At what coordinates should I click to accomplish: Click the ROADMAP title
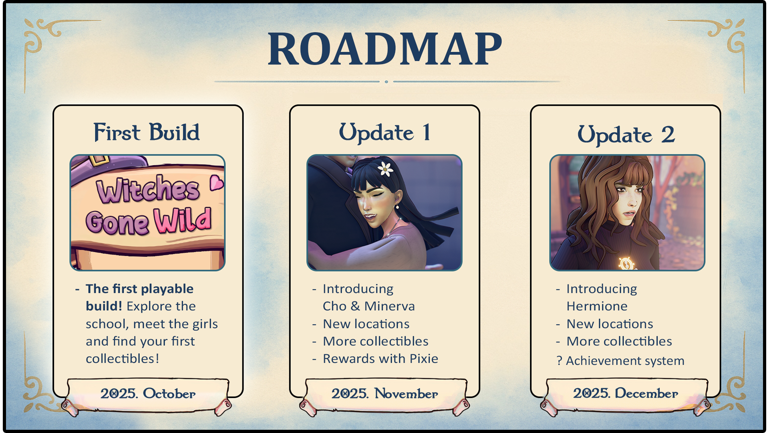coord(384,49)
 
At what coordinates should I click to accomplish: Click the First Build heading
coord(147,132)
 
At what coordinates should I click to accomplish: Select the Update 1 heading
coord(384,132)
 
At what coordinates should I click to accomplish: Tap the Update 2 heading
coord(626,134)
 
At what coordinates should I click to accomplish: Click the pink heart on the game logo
coord(216,183)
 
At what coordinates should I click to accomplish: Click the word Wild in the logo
coord(183,221)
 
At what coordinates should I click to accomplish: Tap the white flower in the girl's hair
coord(386,169)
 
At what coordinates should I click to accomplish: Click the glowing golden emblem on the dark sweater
coord(626,263)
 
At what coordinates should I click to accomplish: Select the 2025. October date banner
coord(148,394)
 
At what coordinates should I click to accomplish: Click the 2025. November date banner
coord(384,394)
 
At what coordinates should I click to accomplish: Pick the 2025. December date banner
coord(625,394)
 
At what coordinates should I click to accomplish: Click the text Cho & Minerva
coord(368,306)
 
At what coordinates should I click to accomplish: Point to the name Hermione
coord(597,306)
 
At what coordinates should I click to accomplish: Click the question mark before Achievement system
coord(560,361)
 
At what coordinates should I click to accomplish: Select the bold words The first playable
coord(139,289)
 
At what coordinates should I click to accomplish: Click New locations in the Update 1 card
coord(366,324)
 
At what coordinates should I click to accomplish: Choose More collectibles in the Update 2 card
coord(619,341)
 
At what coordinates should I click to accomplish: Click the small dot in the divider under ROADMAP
coord(386,82)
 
